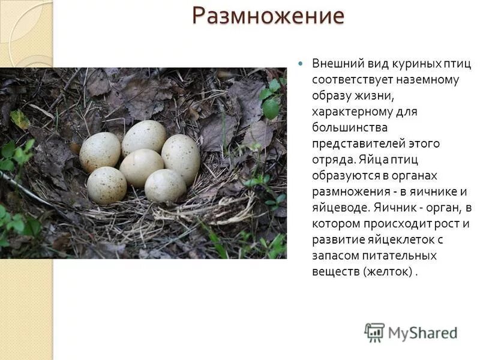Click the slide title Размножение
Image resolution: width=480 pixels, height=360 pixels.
point(268,16)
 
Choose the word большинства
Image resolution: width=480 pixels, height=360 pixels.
point(349,128)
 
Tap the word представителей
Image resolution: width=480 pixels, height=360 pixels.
point(358,144)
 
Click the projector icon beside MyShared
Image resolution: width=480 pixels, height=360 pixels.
point(374,332)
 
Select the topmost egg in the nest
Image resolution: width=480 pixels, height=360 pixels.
point(144,136)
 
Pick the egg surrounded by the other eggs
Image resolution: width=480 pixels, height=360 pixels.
point(142,167)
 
